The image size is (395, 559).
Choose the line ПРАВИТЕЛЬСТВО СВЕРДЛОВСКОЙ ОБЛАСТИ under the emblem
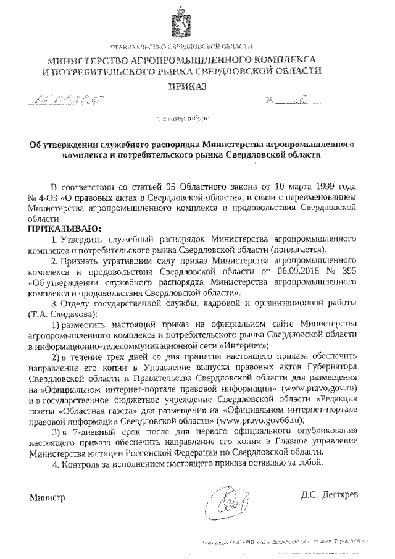[x=180, y=47]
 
